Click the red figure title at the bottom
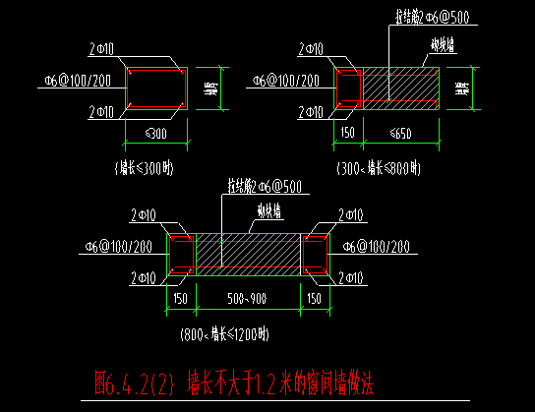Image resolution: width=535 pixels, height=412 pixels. (232, 378)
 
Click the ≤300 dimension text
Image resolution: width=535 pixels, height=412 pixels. (156, 133)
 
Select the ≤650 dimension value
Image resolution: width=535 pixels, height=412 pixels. (398, 133)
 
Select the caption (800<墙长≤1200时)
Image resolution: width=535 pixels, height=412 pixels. (224, 334)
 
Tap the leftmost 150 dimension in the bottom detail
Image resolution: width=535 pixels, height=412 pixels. (181, 298)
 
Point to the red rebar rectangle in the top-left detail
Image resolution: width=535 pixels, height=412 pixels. (156, 88)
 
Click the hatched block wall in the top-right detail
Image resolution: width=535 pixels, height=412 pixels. (398, 88)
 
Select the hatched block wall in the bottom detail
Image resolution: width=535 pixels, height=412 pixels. (249, 254)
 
